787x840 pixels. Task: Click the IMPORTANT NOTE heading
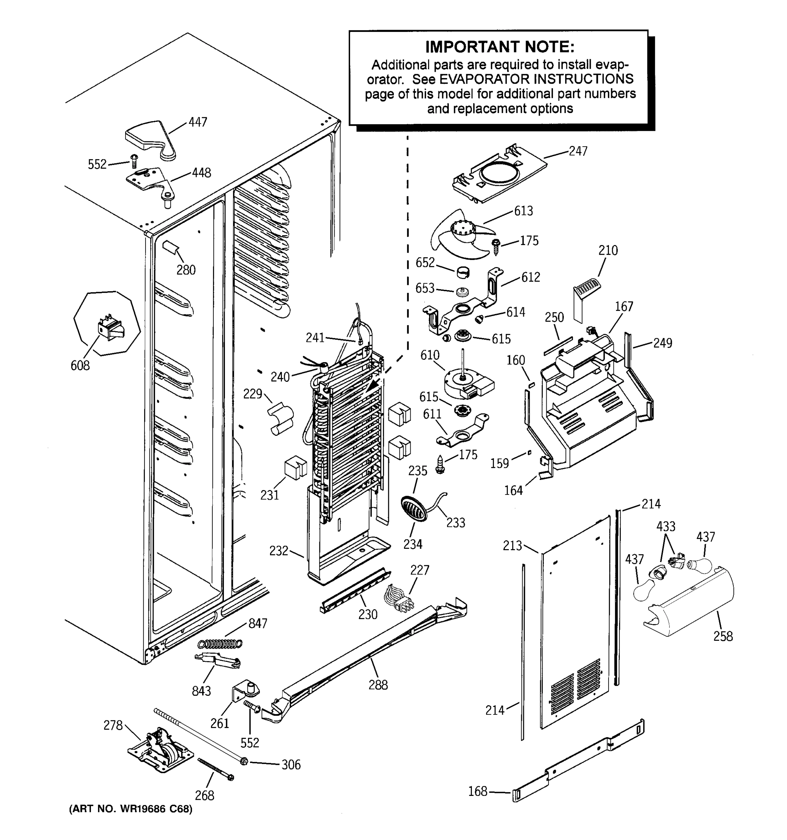click(x=499, y=47)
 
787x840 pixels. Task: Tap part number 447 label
click(x=198, y=122)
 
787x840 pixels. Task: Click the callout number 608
click(x=80, y=365)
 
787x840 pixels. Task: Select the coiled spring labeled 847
click(x=220, y=644)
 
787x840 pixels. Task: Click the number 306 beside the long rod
click(x=291, y=764)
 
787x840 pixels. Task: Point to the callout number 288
click(x=378, y=685)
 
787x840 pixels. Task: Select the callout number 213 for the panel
click(x=512, y=546)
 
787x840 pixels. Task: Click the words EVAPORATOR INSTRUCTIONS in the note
click(x=536, y=79)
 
